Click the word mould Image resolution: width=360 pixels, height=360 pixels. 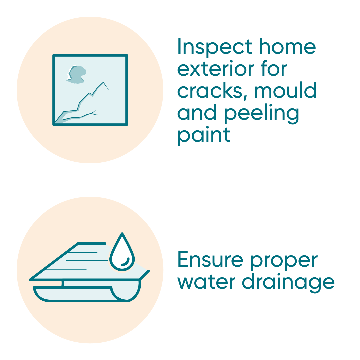point(285,91)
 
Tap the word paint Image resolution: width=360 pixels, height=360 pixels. point(204,135)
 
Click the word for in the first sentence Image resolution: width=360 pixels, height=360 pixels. point(272,69)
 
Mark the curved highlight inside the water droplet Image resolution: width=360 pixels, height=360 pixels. point(126,262)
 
